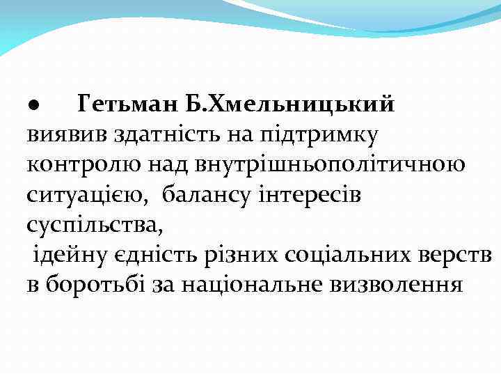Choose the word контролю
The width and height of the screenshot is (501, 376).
pyautogui.click(x=77, y=165)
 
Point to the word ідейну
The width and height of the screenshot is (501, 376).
pyautogui.click(x=69, y=255)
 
